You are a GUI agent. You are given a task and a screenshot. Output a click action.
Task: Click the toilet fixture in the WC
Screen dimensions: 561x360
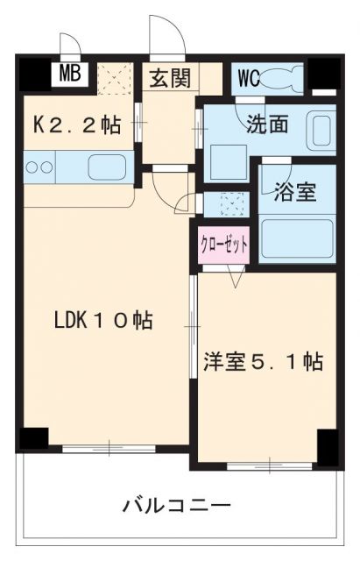[x=281, y=79]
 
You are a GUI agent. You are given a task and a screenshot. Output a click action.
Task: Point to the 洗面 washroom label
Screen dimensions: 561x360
[x=266, y=124]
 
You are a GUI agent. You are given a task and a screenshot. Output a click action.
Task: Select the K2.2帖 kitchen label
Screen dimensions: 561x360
[x=77, y=125]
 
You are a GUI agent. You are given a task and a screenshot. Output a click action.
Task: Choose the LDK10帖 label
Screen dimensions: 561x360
[x=103, y=321]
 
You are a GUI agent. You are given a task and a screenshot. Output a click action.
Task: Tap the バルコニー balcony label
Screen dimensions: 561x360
[x=177, y=506]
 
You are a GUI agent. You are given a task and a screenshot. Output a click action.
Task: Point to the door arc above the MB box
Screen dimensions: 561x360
[x=69, y=46]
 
